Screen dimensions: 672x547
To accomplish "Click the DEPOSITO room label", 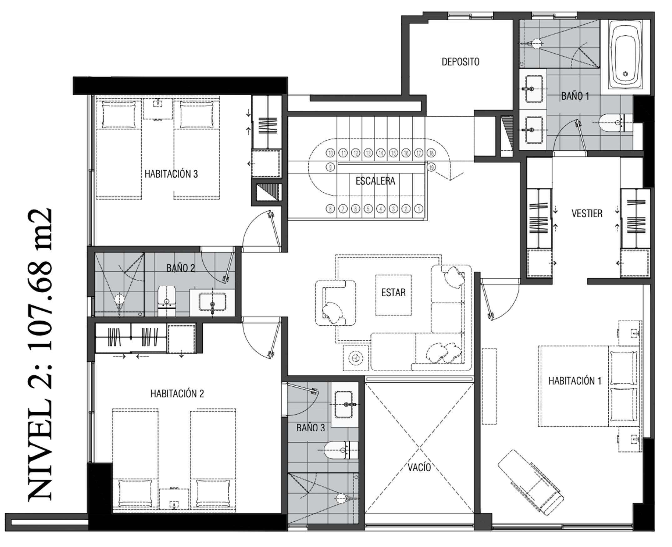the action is point(460,62).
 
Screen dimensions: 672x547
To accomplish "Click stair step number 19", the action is point(431,167).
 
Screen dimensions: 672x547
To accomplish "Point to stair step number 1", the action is point(419,208).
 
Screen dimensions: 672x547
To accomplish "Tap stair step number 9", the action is point(330,167).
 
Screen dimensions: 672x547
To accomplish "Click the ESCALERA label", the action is point(375,181).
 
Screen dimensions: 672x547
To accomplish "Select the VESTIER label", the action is point(587,213).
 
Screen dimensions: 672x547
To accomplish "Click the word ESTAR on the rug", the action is point(393,293).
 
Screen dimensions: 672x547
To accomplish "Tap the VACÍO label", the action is point(419,467).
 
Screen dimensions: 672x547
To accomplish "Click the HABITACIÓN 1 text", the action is point(575,381).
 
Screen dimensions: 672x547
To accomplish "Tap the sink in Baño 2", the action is point(212,302).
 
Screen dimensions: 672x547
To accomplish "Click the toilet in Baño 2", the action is point(166,301).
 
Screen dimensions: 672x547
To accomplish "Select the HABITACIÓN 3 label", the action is point(171,174).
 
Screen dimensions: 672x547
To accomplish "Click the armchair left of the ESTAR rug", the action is point(335,303).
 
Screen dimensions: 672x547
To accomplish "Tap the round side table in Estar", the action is point(356,358).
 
